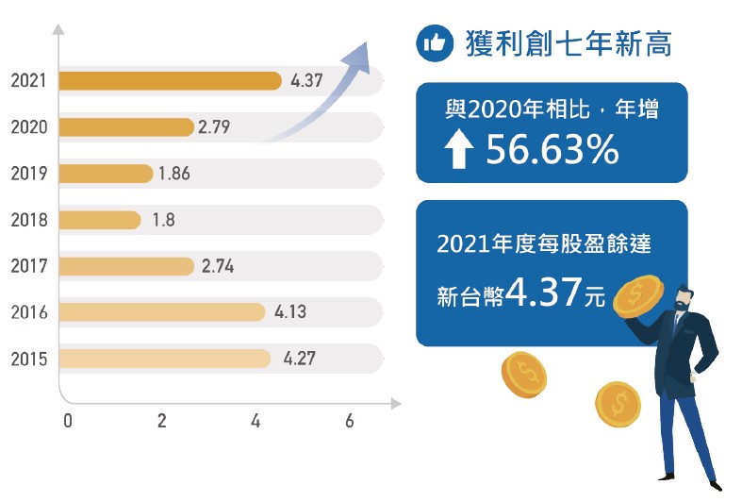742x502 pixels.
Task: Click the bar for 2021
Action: point(170,81)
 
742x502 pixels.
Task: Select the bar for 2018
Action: point(99,220)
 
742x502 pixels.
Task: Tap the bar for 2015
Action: point(164,359)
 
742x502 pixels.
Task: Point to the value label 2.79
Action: point(214,127)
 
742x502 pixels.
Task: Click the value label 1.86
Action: point(175,174)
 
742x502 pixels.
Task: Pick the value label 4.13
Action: point(291,312)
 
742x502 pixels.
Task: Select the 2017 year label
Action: point(29,266)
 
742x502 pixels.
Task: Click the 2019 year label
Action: point(29,174)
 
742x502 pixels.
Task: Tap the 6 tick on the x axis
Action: point(350,422)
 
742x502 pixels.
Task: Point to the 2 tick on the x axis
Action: point(162,422)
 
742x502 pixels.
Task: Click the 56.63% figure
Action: point(552,150)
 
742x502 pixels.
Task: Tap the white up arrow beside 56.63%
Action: point(460,151)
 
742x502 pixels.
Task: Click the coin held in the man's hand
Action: point(635,296)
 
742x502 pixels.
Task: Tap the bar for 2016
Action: point(161,312)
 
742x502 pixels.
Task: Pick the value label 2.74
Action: point(218,266)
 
